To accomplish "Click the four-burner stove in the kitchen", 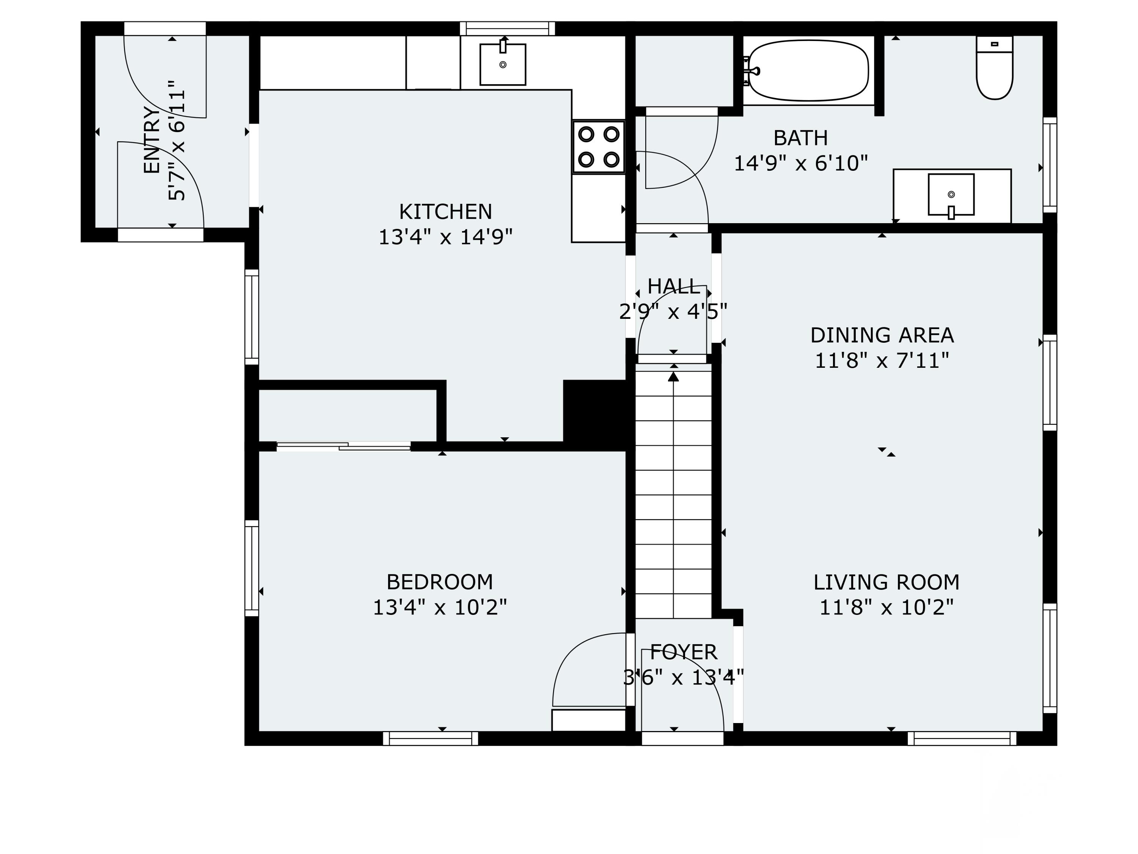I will (x=598, y=147).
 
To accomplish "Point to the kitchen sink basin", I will (x=502, y=65).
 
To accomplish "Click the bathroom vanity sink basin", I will (x=951, y=195).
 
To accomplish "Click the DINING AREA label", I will (x=882, y=335).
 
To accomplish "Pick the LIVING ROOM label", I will (x=886, y=582).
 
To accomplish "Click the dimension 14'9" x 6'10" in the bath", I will (x=800, y=163).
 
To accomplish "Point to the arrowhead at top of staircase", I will (x=673, y=377).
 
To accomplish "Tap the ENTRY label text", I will (x=151, y=140).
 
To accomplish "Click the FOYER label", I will (x=683, y=652).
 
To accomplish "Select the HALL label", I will (x=673, y=286).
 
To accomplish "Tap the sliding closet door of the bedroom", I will (x=344, y=446).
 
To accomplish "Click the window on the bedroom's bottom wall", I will (x=431, y=739).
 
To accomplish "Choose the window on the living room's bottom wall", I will (x=962, y=739).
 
